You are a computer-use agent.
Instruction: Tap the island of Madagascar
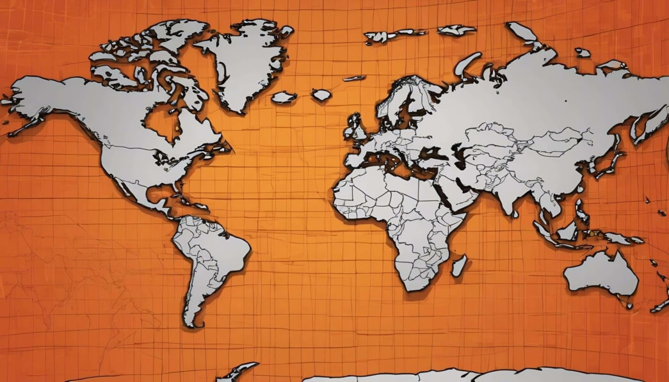[x=458, y=266]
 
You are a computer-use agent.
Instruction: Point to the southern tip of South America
[x=189, y=324]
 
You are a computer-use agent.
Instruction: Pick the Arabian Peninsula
[x=461, y=192]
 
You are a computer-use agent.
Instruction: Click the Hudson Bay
[x=160, y=122]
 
